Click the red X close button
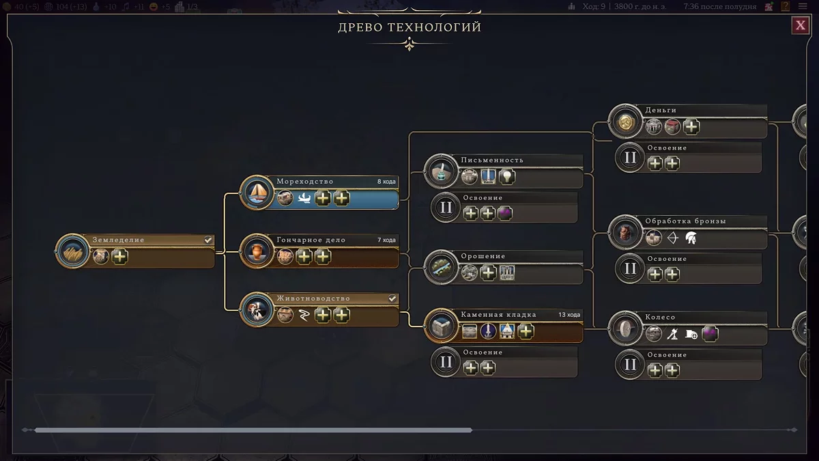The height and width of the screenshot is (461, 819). pyautogui.click(x=800, y=26)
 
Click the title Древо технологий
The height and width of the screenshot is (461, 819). pyautogui.click(x=409, y=27)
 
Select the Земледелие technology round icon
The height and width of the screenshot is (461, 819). pyautogui.click(x=72, y=251)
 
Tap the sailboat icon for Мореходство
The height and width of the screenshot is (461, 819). pyautogui.click(x=257, y=193)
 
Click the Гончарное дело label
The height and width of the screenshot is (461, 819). pyautogui.click(x=311, y=240)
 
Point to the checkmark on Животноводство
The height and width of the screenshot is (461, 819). pyautogui.click(x=392, y=298)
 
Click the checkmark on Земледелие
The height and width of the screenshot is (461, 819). pyautogui.click(x=208, y=240)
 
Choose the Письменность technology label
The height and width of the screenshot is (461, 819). pyautogui.click(x=491, y=160)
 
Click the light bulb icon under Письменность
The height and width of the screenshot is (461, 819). pyautogui.click(x=506, y=178)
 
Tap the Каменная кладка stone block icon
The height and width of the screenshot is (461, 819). pyautogui.click(x=441, y=326)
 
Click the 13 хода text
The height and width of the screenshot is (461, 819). pyautogui.click(x=569, y=315)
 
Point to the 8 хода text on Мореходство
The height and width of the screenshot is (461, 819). pyautogui.click(x=386, y=182)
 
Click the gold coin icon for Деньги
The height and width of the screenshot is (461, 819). pyautogui.click(x=625, y=122)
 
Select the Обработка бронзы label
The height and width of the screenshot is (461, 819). pyautogui.click(x=685, y=221)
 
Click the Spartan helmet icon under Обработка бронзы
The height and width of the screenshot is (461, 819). pyautogui.click(x=691, y=238)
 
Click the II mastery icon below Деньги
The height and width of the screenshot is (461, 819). pyautogui.click(x=630, y=158)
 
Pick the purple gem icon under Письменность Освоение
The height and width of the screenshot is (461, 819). pyautogui.click(x=505, y=214)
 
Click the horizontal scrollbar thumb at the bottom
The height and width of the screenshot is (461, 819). pyautogui.click(x=253, y=430)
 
